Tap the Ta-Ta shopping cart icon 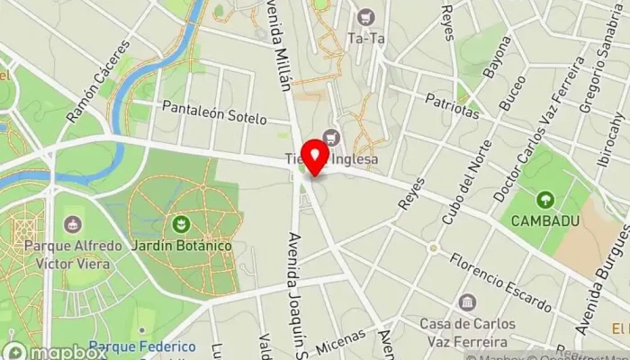[365, 17]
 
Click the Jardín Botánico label [180, 246]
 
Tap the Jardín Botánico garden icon [180, 223]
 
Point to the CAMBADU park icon [544, 199]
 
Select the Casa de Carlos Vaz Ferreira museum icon [466, 302]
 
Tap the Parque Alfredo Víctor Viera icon [72, 223]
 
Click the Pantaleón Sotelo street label [214, 112]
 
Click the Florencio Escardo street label [500, 282]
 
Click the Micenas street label [340, 343]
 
